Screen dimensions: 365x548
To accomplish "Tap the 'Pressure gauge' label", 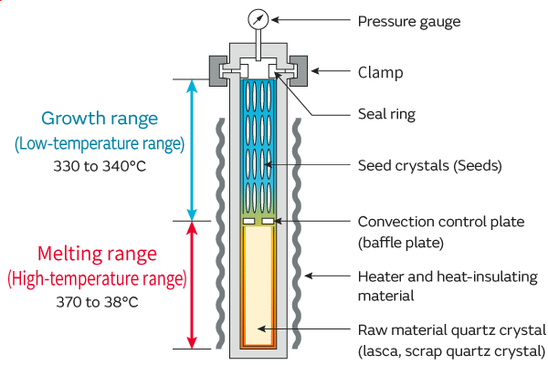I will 408,20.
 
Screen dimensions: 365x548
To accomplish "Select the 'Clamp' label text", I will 380,71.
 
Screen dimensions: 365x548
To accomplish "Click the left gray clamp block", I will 221,70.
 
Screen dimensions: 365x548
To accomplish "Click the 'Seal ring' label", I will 386,114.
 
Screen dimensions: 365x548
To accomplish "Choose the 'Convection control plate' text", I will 441,222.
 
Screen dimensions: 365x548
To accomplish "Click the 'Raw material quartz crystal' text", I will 452,329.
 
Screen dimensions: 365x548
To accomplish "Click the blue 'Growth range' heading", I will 100,119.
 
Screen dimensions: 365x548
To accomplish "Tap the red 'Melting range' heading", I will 98,254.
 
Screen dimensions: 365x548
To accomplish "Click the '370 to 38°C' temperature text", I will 99,300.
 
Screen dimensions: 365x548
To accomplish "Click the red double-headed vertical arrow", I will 191,285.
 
